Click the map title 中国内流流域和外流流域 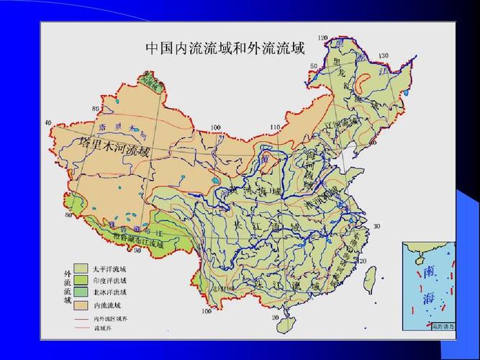225,48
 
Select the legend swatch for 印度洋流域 81,279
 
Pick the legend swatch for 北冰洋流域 81,292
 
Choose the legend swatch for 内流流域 81,304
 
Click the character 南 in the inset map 429,272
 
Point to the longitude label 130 383,55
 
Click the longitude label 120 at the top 322,37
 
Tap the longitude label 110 274,127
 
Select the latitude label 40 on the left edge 47,122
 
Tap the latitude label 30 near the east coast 376,226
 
